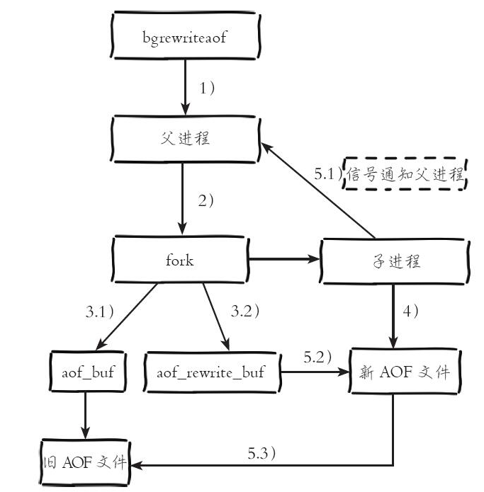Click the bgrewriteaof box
click(x=185, y=35)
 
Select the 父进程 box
click(x=185, y=139)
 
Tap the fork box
click(x=180, y=260)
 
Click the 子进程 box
click(x=395, y=261)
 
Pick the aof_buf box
click(x=88, y=372)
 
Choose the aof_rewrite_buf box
click(x=213, y=372)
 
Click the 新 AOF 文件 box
click(x=405, y=371)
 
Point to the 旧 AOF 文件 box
click(x=85, y=462)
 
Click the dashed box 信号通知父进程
click(x=405, y=173)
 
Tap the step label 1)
click(x=207, y=88)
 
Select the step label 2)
click(x=206, y=200)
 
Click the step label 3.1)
click(x=99, y=311)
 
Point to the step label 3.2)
click(x=245, y=311)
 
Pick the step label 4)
click(x=410, y=311)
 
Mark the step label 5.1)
click(x=328, y=173)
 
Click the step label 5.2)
click(x=317, y=357)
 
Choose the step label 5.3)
click(x=261, y=453)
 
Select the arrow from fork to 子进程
click(x=284, y=259)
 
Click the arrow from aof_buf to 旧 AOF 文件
click(x=85, y=416)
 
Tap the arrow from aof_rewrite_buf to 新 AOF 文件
click(x=315, y=372)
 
